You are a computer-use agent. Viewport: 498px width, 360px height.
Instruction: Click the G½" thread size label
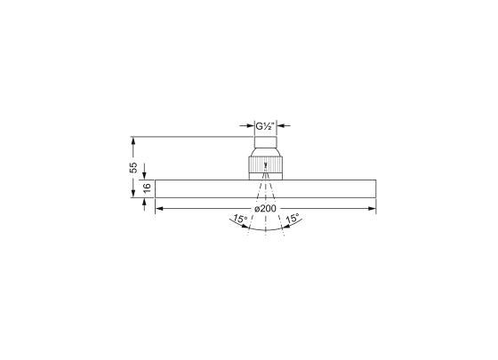pyautogui.click(x=266, y=126)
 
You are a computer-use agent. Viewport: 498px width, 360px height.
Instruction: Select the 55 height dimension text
pyautogui.click(x=133, y=166)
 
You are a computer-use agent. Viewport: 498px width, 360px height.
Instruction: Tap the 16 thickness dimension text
pyautogui.click(x=148, y=189)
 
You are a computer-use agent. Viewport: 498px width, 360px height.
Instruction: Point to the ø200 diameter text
pyautogui.click(x=266, y=207)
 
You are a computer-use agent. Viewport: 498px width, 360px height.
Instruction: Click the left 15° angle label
pyautogui.click(x=238, y=218)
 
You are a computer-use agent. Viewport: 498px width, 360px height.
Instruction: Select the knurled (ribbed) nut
pyautogui.click(x=266, y=166)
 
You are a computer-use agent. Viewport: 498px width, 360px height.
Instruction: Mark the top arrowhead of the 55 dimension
pyautogui.click(x=133, y=140)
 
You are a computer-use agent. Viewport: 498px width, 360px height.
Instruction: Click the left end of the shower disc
pyautogui.click(x=157, y=189)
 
